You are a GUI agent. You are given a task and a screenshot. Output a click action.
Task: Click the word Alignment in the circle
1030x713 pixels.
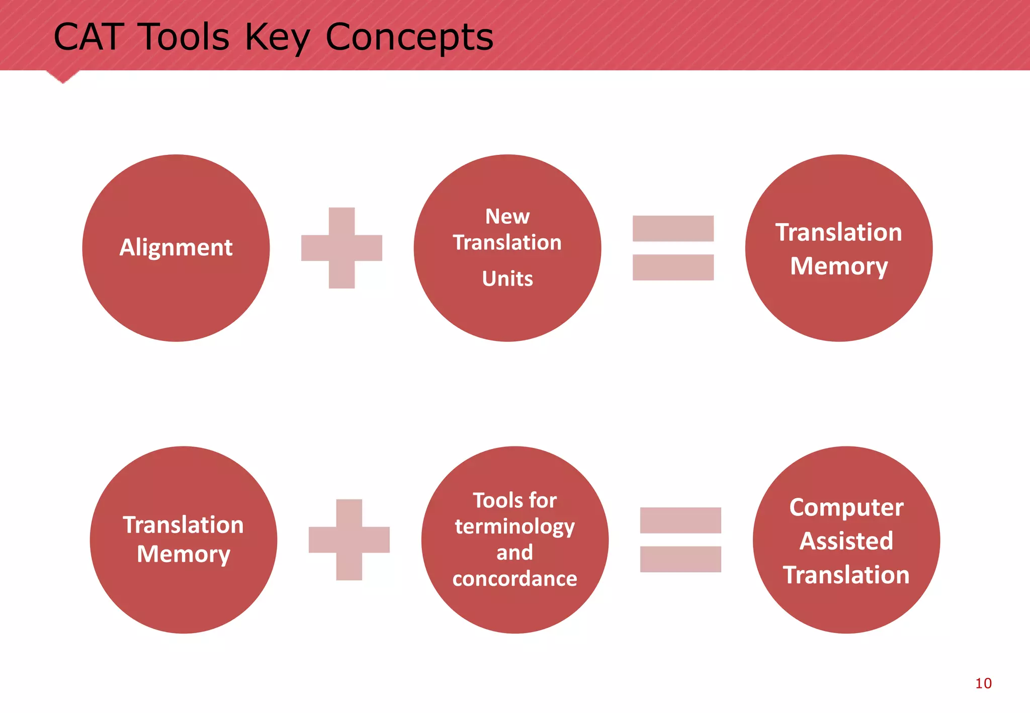[x=176, y=247]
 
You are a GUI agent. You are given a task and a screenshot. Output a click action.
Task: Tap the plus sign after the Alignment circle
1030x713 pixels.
[x=341, y=248]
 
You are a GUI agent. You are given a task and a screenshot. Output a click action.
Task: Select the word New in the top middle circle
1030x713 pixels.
[x=507, y=217]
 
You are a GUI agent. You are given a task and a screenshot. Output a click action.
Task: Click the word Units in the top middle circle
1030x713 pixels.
[x=507, y=279]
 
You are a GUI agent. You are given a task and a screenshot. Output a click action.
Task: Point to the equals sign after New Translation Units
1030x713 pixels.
[x=673, y=248]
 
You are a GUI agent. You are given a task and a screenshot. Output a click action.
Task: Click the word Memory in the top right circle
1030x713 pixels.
[x=838, y=266]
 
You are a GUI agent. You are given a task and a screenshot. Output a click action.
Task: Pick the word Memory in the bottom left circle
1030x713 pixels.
[x=184, y=554]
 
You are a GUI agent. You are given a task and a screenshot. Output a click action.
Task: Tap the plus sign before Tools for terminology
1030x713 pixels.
[x=349, y=540]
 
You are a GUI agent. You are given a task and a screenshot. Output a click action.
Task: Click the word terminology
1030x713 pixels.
[x=514, y=527]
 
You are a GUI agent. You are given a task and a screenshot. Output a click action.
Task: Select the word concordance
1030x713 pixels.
[x=514, y=579]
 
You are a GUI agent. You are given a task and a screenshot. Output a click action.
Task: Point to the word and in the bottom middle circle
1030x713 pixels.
[x=514, y=553]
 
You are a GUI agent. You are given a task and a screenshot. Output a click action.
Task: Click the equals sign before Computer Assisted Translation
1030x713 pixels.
[x=680, y=540]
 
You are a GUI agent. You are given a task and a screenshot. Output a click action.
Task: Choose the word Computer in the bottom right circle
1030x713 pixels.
[x=846, y=507]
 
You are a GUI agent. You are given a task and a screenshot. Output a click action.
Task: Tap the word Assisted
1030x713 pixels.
[x=846, y=541]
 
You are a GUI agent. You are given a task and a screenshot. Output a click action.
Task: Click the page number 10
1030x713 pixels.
[x=983, y=683]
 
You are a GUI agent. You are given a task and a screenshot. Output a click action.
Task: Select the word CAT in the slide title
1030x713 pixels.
[x=89, y=37]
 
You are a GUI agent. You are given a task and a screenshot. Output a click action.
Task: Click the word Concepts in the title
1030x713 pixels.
[x=409, y=37]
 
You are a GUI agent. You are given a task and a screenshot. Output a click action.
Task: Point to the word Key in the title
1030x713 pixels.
[x=278, y=37]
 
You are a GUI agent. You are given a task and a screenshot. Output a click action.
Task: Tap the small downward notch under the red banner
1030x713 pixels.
[x=63, y=77]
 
